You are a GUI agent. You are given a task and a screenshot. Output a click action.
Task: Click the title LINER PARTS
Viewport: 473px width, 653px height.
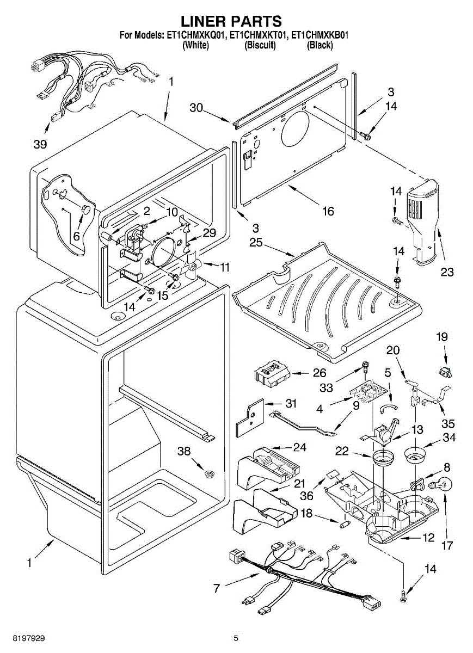coord(231,21)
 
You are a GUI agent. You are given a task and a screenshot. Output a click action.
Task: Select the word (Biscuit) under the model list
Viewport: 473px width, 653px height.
coord(260,45)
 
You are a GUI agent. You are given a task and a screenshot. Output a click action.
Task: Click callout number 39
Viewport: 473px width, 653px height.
coord(40,144)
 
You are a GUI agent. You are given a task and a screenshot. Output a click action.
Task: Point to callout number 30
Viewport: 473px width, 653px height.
coord(196,108)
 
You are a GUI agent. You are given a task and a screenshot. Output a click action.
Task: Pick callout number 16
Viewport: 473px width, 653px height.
coord(328,211)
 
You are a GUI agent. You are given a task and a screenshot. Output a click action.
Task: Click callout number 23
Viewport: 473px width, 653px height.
coord(447,272)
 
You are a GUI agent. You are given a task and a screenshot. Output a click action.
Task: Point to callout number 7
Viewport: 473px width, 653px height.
coord(217,588)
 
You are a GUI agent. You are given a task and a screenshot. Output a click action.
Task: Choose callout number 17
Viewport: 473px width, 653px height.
coord(447,545)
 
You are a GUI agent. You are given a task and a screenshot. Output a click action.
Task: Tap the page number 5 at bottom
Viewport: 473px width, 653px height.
coord(236,638)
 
